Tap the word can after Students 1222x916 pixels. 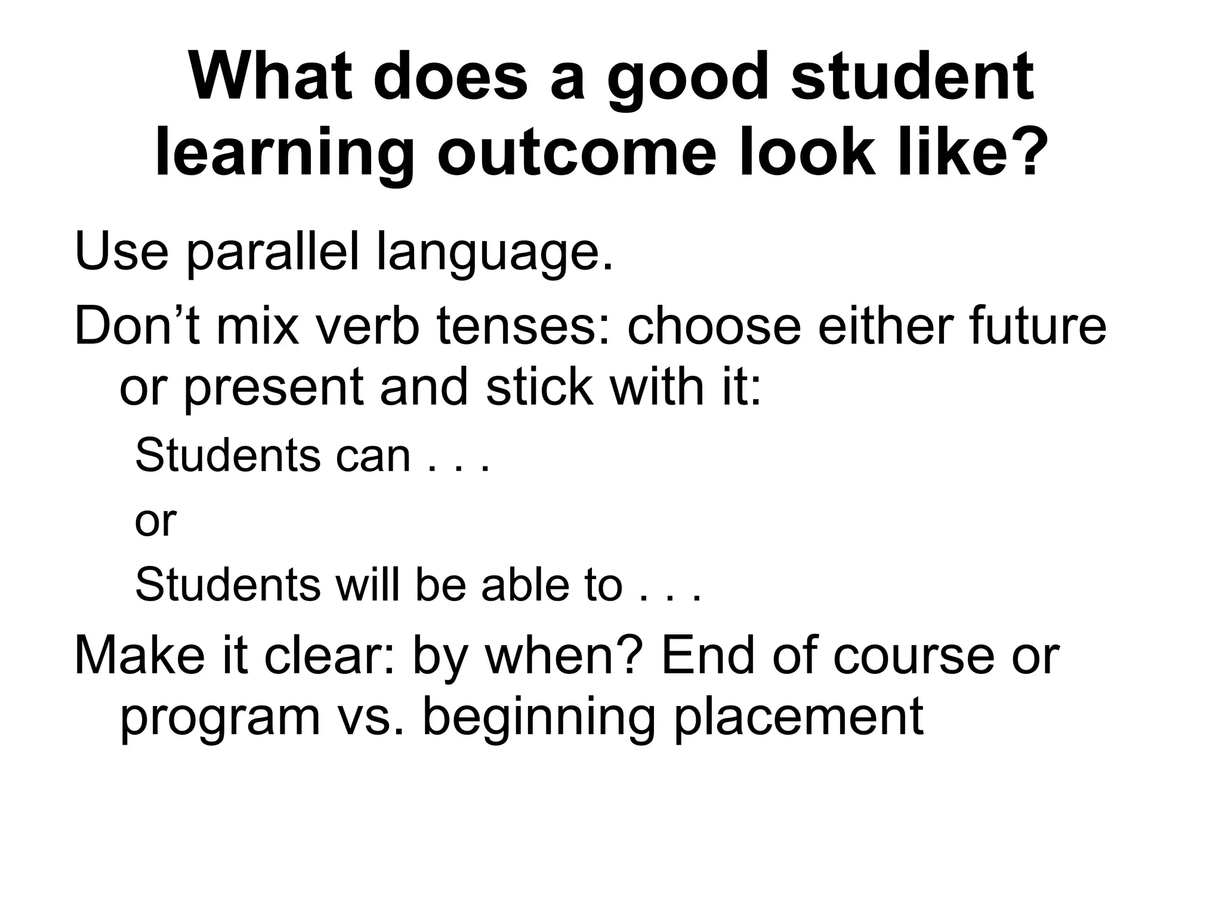373,456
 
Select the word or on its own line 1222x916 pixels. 155,521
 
